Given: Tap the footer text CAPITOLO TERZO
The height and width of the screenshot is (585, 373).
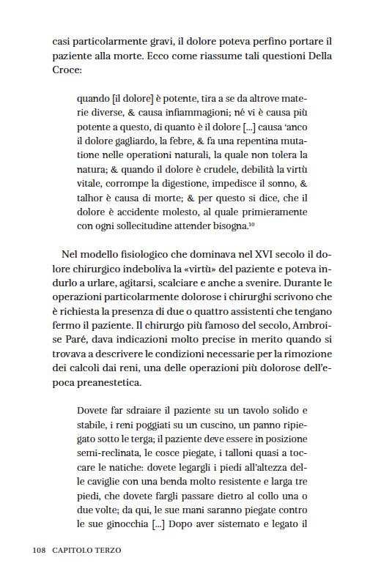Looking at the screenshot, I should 86,549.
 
